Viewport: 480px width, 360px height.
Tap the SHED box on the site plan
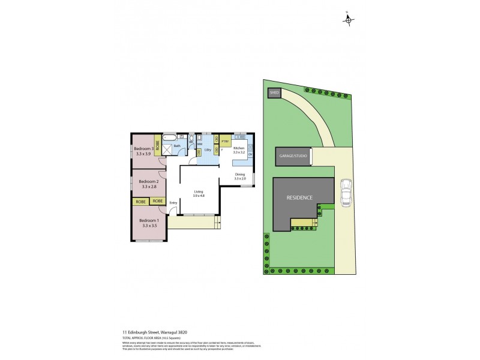point(274,93)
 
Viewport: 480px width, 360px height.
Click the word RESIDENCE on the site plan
point(299,197)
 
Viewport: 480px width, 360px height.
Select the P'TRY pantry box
point(225,142)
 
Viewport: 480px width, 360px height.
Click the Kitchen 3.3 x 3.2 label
point(239,150)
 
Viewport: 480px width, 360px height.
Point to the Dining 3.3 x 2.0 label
point(240,176)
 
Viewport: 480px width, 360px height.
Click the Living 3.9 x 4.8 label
point(199,193)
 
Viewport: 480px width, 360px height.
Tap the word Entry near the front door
point(173,203)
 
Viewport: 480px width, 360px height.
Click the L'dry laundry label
point(207,149)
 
